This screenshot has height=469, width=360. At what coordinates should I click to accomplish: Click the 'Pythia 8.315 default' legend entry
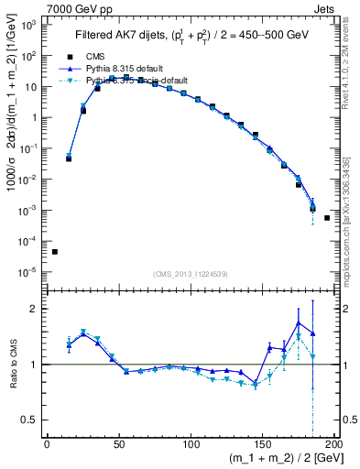click(x=119, y=69)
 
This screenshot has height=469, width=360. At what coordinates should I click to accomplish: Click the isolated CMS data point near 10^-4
click(x=54, y=252)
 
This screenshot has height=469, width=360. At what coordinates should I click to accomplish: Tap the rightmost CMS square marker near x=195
click(x=327, y=218)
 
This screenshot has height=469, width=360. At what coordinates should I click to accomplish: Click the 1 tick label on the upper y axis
click(x=34, y=117)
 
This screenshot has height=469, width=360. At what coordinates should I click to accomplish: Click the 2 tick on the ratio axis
click(x=35, y=309)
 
